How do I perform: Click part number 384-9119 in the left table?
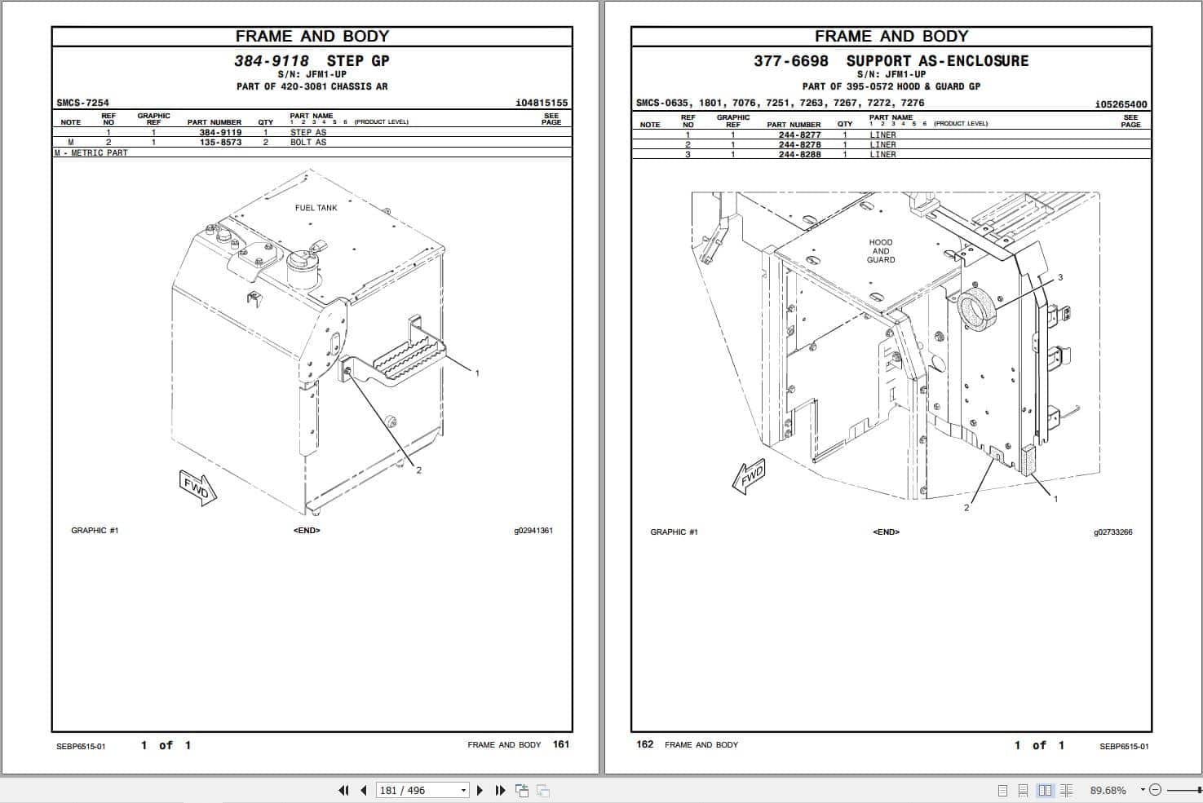tap(220, 132)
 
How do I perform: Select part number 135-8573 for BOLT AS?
tap(220, 142)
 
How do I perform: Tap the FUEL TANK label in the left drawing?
tap(316, 208)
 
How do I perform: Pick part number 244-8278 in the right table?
tap(799, 144)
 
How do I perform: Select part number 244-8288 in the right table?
tap(799, 154)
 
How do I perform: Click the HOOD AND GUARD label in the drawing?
tap(881, 251)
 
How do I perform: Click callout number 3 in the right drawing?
tap(1060, 278)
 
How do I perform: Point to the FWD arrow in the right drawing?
tap(749, 478)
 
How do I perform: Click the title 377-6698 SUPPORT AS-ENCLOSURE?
tap(891, 61)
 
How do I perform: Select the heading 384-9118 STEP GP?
tap(312, 60)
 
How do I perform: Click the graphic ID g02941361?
tap(533, 531)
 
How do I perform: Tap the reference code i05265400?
tap(1121, 104)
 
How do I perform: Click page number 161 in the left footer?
tap(561, 744)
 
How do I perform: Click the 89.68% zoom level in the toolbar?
tap(1108, 790)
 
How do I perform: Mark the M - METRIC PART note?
tap(91, 152)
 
